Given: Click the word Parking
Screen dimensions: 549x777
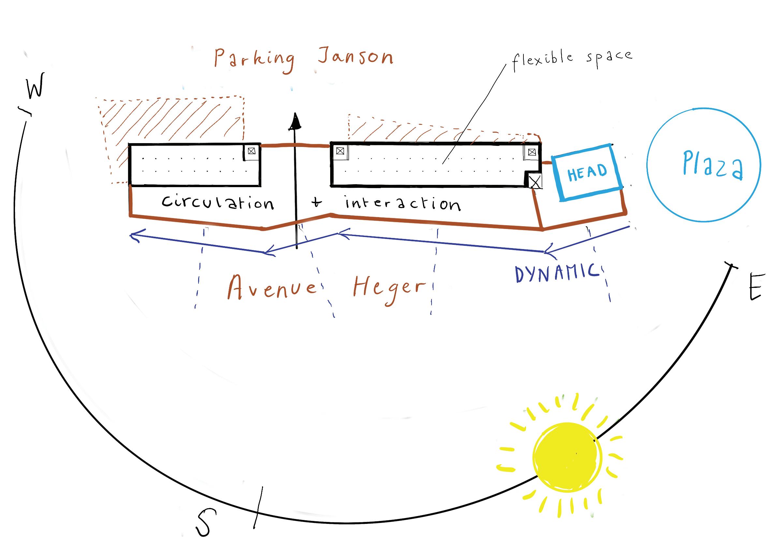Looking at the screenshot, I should click(254, 60).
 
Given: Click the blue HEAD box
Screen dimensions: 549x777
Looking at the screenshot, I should click(587, 172).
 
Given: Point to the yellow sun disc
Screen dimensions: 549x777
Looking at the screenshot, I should click(567, 457).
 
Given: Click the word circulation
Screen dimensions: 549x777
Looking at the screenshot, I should click(218, 202).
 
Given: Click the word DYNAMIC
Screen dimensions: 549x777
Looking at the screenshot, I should click(555, 274).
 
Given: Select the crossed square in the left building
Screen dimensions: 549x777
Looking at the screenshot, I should click(251, 151).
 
